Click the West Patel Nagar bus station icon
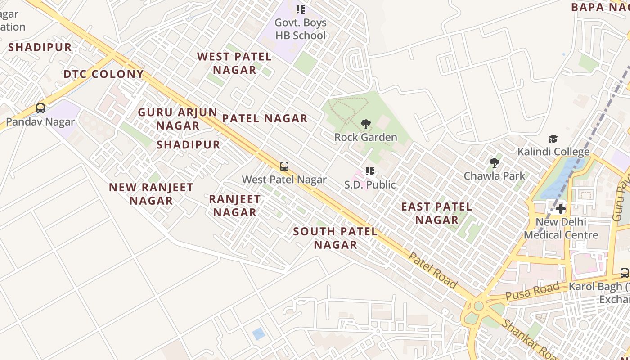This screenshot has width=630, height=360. [284, 166]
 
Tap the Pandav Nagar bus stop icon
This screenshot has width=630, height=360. [40, 108]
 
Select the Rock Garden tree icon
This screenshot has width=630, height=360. [366, 124]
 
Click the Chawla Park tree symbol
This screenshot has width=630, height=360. [495, 163]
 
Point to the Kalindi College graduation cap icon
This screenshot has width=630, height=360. [553, 139]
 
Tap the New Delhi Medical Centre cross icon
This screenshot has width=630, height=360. [561, 209]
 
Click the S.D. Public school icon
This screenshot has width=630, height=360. [370, 171]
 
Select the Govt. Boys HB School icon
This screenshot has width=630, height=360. [301, 9]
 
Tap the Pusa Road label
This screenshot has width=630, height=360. [532, 291]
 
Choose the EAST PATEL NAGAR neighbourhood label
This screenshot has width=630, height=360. [436, 213]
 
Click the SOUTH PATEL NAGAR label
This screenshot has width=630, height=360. [335, 238]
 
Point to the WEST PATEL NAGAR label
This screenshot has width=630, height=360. [234, 63]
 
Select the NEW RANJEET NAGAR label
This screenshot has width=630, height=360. [151, 194]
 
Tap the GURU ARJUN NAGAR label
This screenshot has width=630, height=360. [178, 119]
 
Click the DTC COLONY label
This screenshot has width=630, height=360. [103, 74]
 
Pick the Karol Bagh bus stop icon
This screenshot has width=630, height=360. [625, 273]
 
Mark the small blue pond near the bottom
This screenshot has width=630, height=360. [258, 334]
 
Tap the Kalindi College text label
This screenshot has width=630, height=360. [553, 152]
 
